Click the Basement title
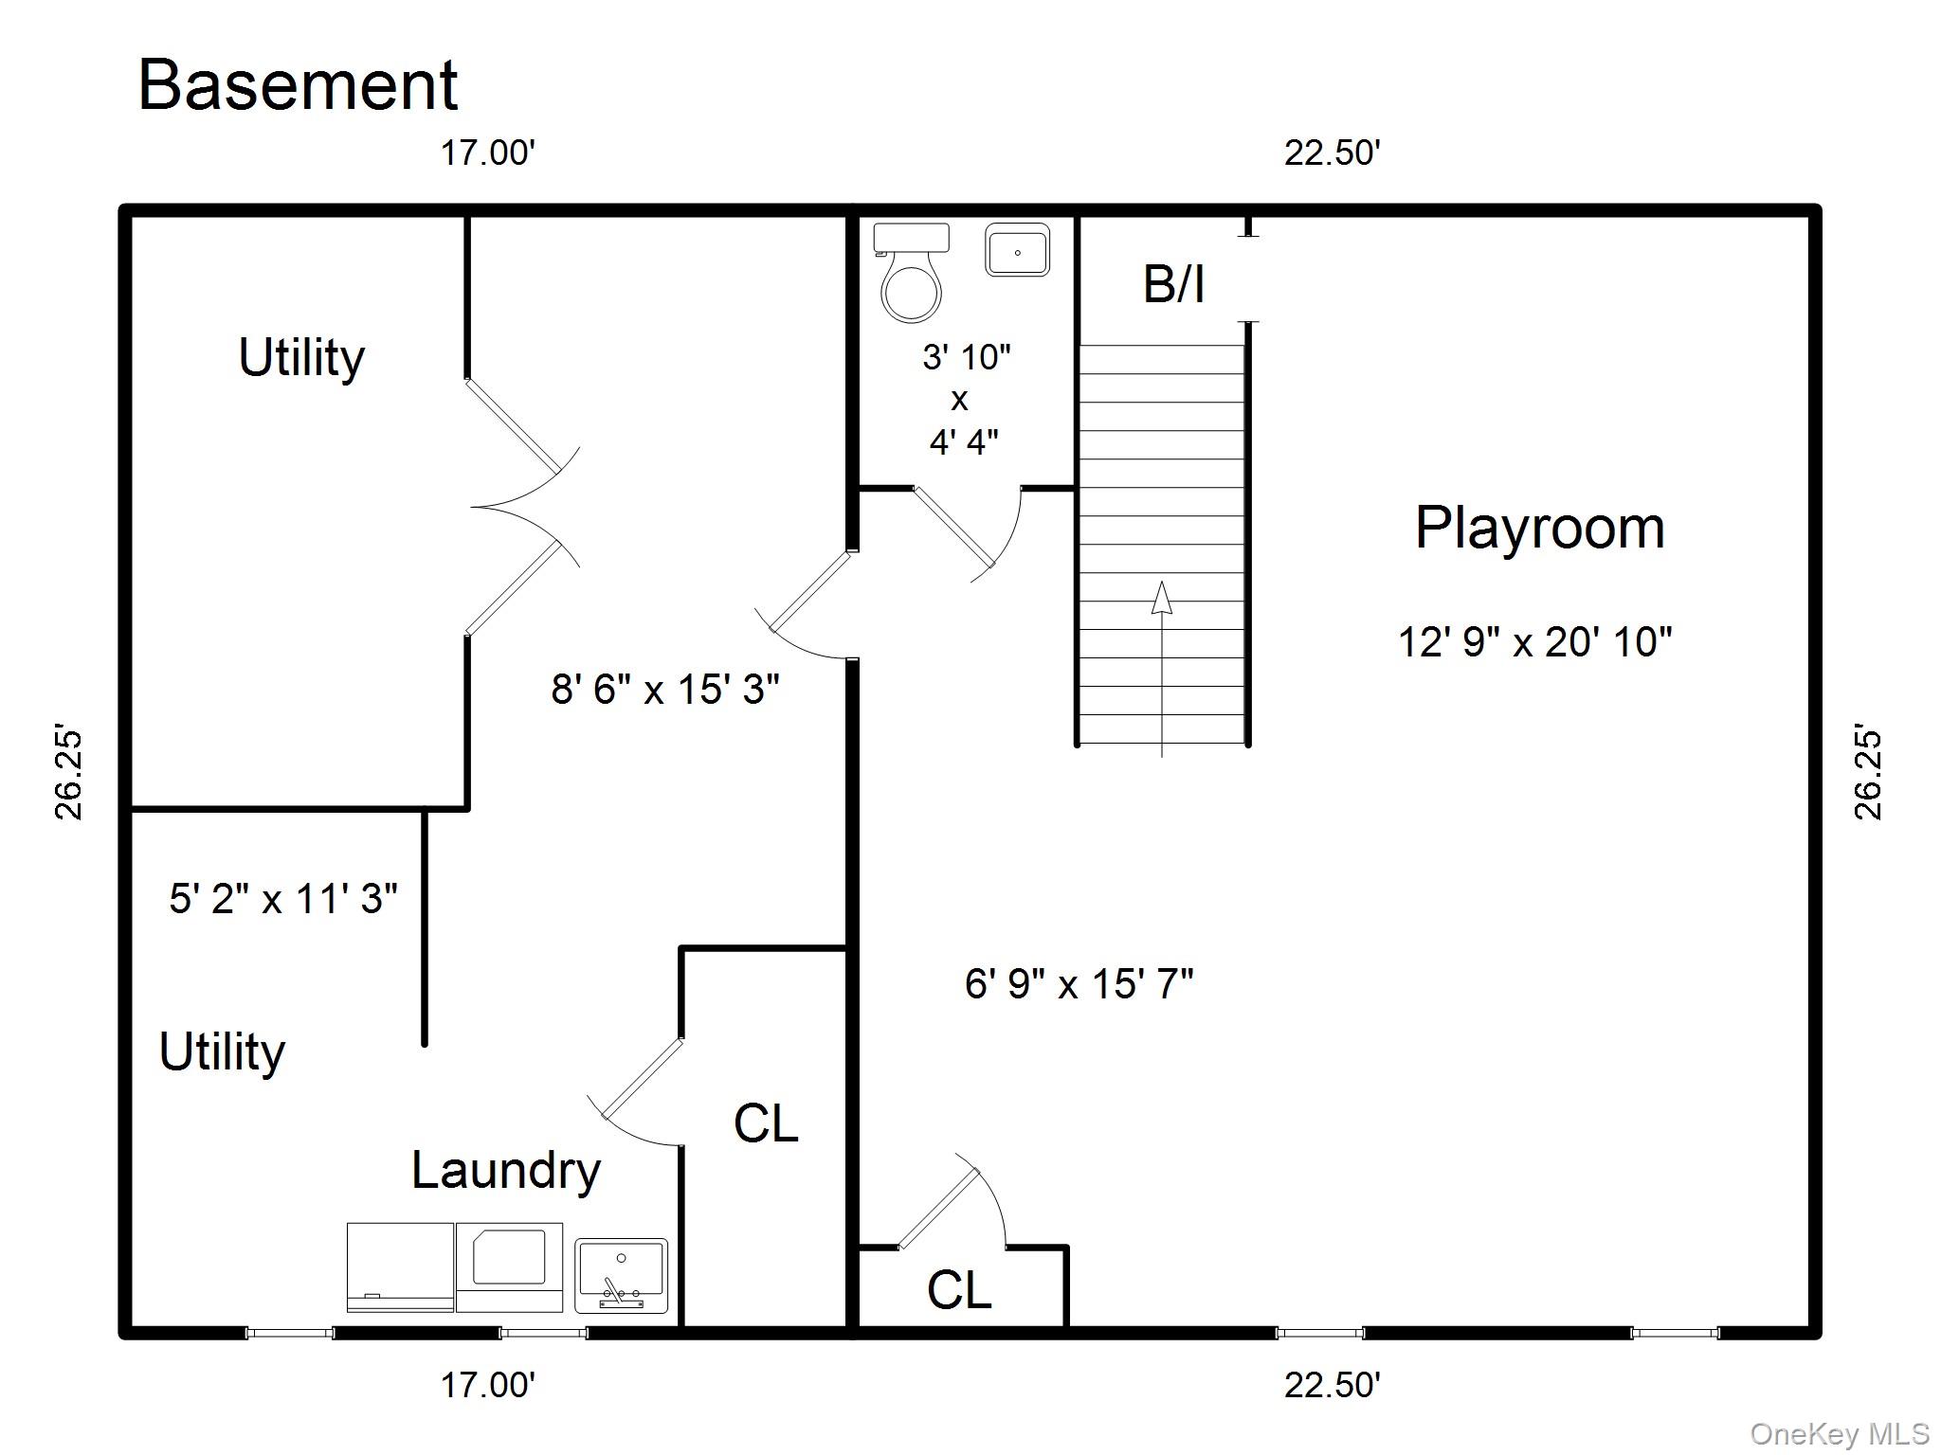click(x=298, y=85)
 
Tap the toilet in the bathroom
click(x=911, y=275)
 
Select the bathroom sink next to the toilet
click(x=1017, y=250)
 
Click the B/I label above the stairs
click(x=1173, y=284)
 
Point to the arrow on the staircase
click(x=1162, y=606)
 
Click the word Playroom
click(x=1539, y=529)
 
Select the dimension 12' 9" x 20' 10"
click(x=1534, y=642)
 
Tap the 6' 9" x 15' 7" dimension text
click(x=1079, y=984)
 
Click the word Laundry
click(x=505, y=1171)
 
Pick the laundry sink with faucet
click(x=621, y=1275)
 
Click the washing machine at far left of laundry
click(x=399, y=1267)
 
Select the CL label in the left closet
click(x=765, y=1124)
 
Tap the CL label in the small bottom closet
click(x=958, y=1290)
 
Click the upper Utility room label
click(x=301, y=358)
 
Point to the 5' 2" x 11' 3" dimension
click(x=282, y=899)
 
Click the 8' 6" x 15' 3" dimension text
click(x=664, y=690)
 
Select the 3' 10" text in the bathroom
click(x=966, y=357)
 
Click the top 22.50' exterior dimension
click(x=1332, y=153)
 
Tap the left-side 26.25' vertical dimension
click(x=69, y=774)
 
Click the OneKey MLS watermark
click(x=1840, y=1434)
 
